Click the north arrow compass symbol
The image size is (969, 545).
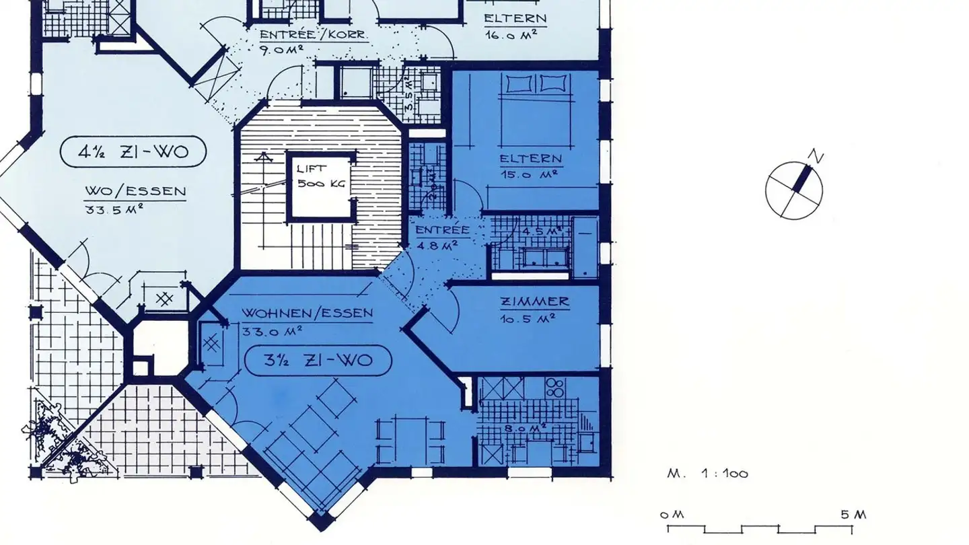coord(794,190)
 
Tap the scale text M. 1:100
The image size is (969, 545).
coord(707,474)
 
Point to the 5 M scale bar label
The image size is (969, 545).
coord(853,515)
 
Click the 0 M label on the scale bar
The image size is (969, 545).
coord(672,515)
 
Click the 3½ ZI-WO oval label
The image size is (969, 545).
coord(318,361)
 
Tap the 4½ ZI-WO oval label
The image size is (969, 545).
coord(133,153)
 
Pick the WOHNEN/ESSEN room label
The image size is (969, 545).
coord(308,314)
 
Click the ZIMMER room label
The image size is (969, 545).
coord(534,302)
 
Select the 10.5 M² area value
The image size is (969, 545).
coord(527,318)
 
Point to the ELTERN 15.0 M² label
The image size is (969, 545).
coord(530,166)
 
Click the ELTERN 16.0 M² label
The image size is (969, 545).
coord(515,26)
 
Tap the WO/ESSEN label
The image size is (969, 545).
coord(135,191)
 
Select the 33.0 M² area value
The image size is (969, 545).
coord(273,330)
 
